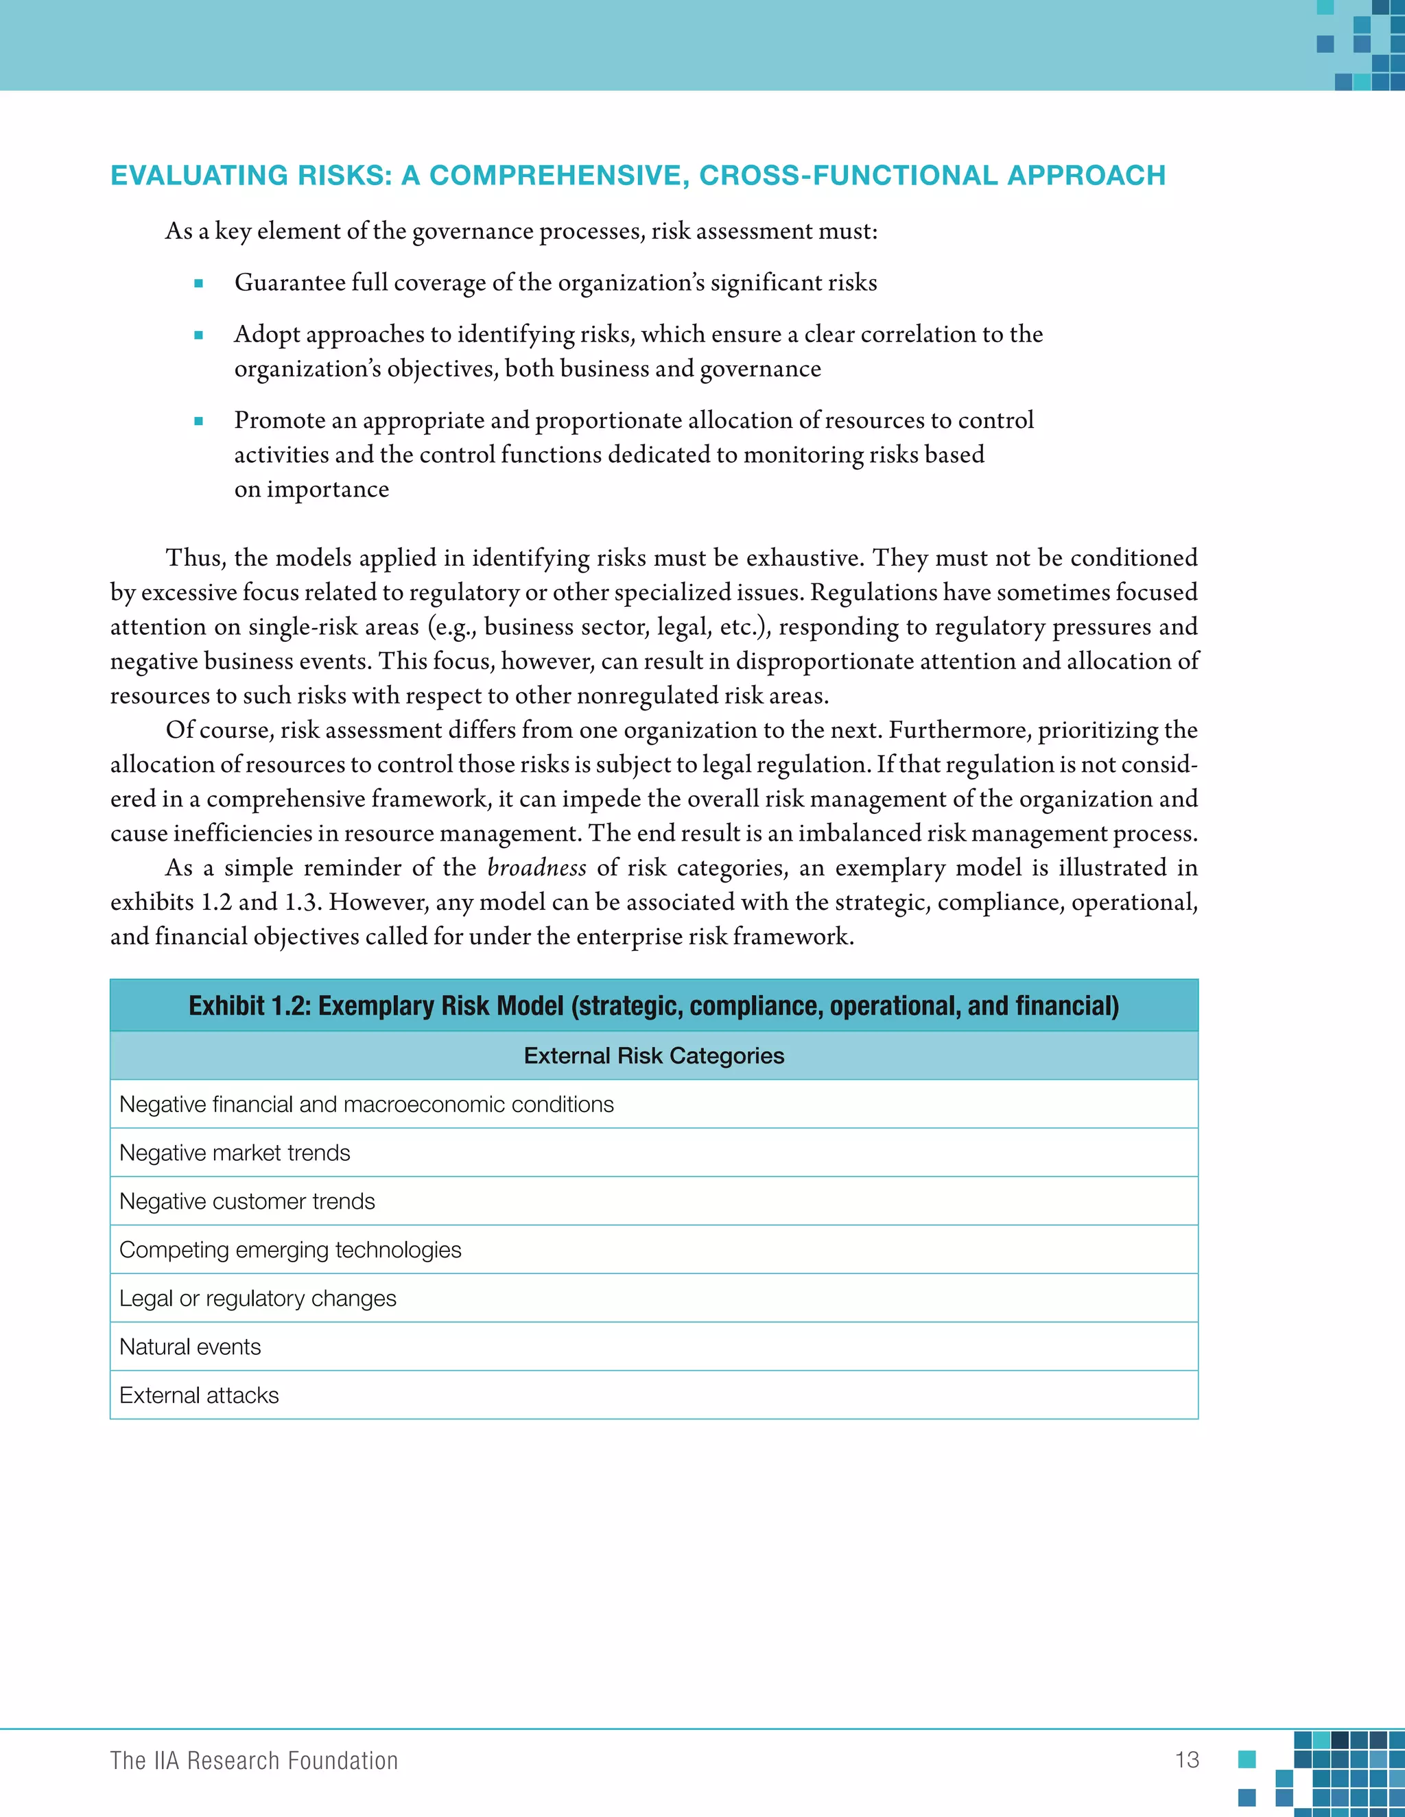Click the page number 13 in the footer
click(x=1187, y=1759)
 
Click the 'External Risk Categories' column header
click(x=653, y=1056)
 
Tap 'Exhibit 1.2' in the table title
click(x=246, y=1006)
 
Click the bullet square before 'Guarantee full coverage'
click(x=198, y=284)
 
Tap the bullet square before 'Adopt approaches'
click(x=198, y=335)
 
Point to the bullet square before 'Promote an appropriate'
click(x=198, y=421)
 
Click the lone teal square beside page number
click(x=1246, y=1759)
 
